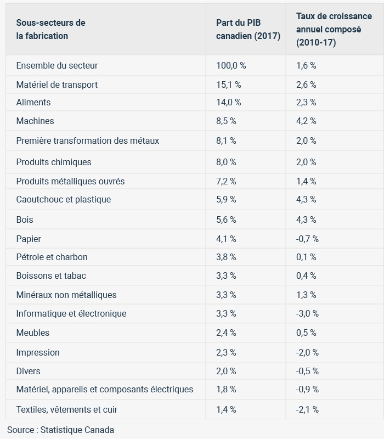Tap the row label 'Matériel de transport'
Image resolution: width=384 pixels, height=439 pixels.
click(x=57, y=85)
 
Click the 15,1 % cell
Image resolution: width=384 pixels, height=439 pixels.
click(x=228, y=85)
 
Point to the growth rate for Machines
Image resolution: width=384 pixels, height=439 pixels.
click(x=306, y=121)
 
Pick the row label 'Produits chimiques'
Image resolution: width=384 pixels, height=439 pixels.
click(x=54, y=162)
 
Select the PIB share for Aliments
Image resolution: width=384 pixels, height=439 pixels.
click(x=228, y=102)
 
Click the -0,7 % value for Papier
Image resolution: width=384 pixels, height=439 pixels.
click(x=307, y=239)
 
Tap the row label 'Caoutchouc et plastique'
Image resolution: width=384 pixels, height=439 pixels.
click(x=64, y=199)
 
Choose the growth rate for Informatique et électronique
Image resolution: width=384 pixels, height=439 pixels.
click(x=307, y=313)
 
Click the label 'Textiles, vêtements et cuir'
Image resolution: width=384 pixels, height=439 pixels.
click(x=67, y=409)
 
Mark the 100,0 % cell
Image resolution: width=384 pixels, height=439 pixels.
click(x=231, y=65)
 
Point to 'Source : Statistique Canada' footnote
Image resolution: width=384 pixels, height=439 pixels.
click(x=60, y=430)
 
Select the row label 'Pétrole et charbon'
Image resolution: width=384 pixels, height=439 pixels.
click(x=52, y=257)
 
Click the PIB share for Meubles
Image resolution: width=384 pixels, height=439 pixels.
click(x=226, y=333)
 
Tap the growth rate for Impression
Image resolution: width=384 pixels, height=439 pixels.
click(x=307, y=352)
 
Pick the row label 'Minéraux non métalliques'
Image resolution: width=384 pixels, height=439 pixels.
click(x=66, y=295)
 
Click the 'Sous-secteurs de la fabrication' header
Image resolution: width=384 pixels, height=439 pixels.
click(x=50, y=29)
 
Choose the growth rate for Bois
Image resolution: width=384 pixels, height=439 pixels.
click(x=306, y=219)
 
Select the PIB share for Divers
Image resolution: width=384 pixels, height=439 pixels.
click(x=226, y=371)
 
